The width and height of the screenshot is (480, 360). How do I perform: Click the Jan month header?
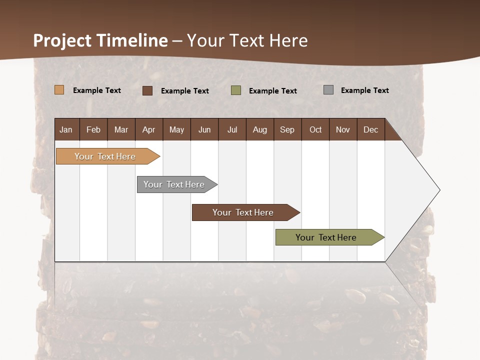click(66, 129)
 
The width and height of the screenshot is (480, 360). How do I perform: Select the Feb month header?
click(93, 129)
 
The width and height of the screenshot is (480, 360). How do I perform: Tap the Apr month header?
click(148, 129)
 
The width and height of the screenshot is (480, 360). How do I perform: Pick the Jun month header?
click(204, 129)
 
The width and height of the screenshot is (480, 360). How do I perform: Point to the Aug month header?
click(259, 129)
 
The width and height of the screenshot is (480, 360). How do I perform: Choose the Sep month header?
click(287, 129)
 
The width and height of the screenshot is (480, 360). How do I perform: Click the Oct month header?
click(315, 129)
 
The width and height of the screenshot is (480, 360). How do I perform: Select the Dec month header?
click(370, 129)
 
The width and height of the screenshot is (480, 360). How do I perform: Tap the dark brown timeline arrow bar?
click(243, 212)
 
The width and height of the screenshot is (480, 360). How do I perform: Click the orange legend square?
click(59, 90)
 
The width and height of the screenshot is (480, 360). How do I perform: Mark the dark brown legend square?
click(147, 90)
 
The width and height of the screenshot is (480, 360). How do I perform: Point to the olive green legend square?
click(236, 90)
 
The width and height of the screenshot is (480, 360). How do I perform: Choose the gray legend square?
click(328, 90)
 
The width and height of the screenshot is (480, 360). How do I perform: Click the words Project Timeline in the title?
click(100, 40)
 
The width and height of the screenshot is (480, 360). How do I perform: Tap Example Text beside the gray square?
click(364, 90)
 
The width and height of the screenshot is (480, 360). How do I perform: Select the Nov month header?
click(342, 129)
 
